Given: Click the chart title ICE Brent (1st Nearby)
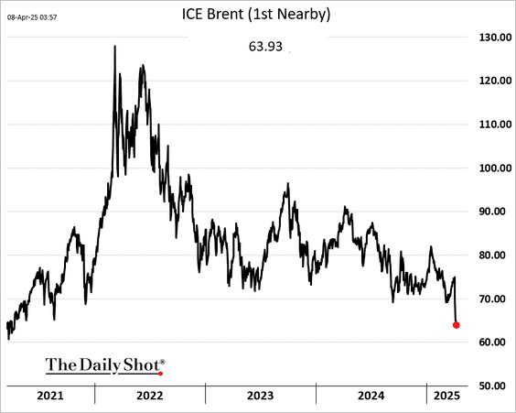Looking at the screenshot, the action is coord(256,15).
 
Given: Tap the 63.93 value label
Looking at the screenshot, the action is coord(265,47).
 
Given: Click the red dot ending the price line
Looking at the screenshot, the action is coord(457,325).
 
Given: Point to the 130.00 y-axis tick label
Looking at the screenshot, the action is coord(495,38).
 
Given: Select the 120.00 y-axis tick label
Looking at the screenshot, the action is coord(495,81).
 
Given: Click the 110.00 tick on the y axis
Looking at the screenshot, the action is coord(495,125).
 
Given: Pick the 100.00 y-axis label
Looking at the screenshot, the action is coord(495,168).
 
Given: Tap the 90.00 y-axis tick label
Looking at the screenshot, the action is coord(497,212).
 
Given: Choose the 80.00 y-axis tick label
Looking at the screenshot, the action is coord(497,255).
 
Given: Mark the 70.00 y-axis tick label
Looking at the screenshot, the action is coord(497,299).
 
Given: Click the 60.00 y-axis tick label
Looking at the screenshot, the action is coord(497,342).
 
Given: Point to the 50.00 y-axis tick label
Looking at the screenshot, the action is coord(497,386).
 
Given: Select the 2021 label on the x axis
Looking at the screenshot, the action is coord(50,396).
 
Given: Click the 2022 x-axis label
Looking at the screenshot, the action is coord(150,396).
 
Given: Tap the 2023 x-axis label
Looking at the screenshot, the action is coord(261,396).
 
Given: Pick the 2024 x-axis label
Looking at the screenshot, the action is coord(371,396).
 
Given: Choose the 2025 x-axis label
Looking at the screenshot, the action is coord(446,396).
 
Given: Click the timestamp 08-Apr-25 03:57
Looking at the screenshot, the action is coord(32,17).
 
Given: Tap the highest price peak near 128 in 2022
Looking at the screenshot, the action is coord(115,46).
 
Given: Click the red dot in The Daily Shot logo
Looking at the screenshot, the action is coord(161,374).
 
